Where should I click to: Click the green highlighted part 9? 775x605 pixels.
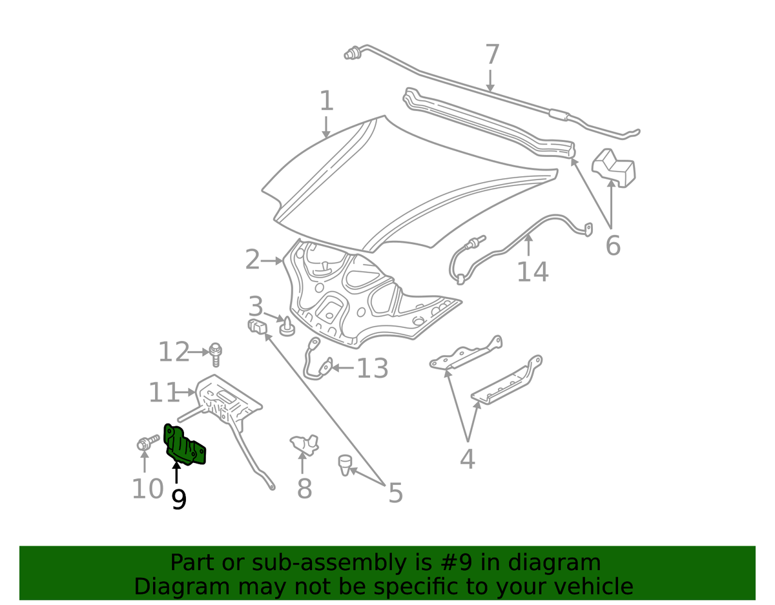(183, 446)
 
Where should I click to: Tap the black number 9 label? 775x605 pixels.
(179, 500)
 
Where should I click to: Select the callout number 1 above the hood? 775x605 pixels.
(327, 100)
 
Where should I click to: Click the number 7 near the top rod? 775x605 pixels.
(492, 54)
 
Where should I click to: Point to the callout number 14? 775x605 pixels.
(532, 272)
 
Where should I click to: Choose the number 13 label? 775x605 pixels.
(373, 368)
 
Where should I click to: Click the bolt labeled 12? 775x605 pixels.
(216, 354)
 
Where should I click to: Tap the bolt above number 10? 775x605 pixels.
(148, 442)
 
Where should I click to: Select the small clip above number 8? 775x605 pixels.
(304, 445)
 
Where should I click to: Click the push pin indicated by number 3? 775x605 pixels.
(287, 327)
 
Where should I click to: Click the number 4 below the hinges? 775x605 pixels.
(467, 459)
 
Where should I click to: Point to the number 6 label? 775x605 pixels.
(613, 245)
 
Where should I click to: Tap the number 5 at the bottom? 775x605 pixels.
(395, 493)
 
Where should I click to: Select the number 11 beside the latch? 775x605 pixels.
(163, 393)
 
